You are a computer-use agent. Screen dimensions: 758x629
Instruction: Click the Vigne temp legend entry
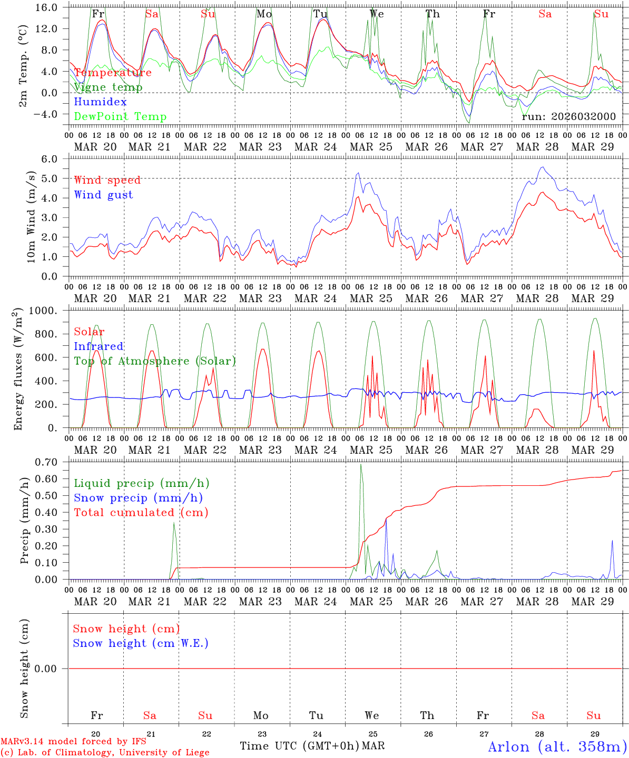(108, 87)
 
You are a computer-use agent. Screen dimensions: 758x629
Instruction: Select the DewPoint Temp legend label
(120, 117)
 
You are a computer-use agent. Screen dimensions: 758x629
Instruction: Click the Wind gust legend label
(103, 195)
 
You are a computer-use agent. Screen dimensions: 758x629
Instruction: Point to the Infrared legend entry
(99, 346)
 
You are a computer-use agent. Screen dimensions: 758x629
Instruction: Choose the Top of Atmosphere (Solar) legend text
(154, 361)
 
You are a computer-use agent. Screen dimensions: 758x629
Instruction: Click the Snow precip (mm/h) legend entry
(138, 498)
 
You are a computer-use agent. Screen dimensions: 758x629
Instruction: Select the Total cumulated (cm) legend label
(141, 512)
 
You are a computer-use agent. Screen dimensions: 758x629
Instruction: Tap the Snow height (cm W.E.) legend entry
(140, 643)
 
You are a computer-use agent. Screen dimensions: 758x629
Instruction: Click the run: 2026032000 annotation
(568, 117)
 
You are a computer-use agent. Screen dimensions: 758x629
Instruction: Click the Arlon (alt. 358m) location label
(557, 746)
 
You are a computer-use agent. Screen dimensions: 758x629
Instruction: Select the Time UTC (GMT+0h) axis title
(299, 746)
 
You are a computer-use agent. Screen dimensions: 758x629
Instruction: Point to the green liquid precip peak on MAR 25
(361, 465)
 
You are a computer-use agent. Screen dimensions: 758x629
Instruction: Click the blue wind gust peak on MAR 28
(542, 167)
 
